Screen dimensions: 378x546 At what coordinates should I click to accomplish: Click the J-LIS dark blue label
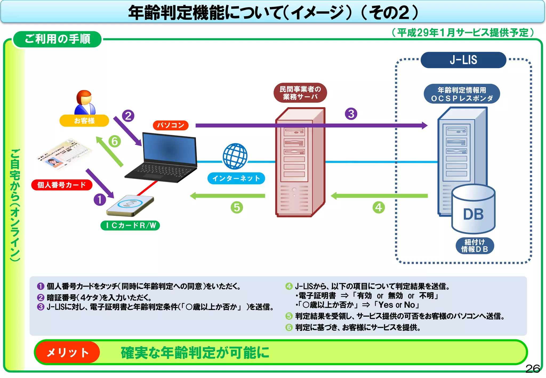tap(463, 60)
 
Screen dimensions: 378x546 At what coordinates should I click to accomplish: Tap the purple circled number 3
tap(351, 114)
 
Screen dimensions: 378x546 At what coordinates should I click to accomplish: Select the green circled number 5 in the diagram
tap(237, 207)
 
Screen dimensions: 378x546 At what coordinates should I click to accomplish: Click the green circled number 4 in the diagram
tap(379, 207)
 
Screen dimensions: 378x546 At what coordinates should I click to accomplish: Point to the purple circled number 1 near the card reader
tap(100, 200)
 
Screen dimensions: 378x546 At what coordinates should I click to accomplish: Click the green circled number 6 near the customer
tap(115, 141)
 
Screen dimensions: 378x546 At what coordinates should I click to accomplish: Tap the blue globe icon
tap(235, 156)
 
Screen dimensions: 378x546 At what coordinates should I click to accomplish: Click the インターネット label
tap(236, 178)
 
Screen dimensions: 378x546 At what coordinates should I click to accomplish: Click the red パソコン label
tap(171, 125)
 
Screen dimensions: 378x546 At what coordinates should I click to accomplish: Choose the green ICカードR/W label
tap(130, 226)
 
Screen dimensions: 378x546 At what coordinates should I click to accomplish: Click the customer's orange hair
tap(84, 95)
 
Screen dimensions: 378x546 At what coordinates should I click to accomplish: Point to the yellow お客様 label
tap(84, 121)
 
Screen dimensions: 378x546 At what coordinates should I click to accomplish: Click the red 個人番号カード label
tap(62, 185)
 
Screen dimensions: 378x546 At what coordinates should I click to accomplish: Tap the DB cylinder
tap(473, 211)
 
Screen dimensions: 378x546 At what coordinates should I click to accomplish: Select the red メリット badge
tap(67, 352)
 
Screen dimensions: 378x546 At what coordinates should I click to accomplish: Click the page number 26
tap(532, 369)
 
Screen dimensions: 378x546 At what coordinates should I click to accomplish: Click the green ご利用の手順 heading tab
tap(58, 39)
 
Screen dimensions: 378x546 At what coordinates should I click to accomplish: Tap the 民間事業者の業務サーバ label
tap(300, 93)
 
